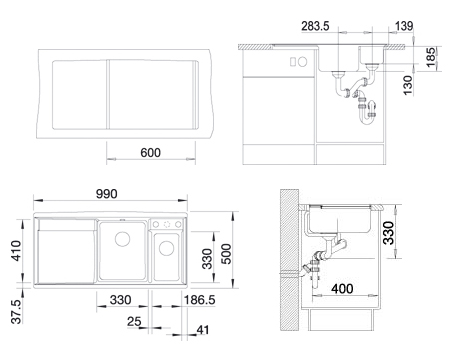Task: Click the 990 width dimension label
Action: (x=107, y=194)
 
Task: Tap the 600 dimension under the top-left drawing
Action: (x=150, y=153)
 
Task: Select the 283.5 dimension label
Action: (x=315, y=26)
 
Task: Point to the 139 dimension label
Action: (x=404, y=26)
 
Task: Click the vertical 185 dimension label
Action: (x=430, y=57)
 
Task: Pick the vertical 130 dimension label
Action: (x=407, y=85)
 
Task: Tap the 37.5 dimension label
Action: (x=16, y=312)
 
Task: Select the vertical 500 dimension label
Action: (x=226, y=254)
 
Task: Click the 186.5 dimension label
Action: (x=200, y=300)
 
